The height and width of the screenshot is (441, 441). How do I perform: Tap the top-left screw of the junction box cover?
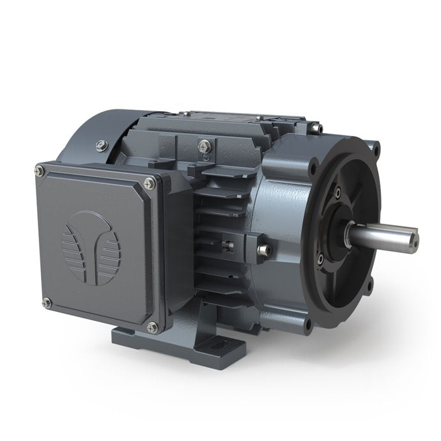point(40,170)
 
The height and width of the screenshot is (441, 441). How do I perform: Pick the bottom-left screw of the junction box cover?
point(45,302)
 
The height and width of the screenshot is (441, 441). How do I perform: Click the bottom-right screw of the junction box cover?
point(152,327)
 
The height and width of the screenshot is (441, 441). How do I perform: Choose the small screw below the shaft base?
point(320,258)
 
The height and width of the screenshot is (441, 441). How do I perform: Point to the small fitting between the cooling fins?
point(228,243)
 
